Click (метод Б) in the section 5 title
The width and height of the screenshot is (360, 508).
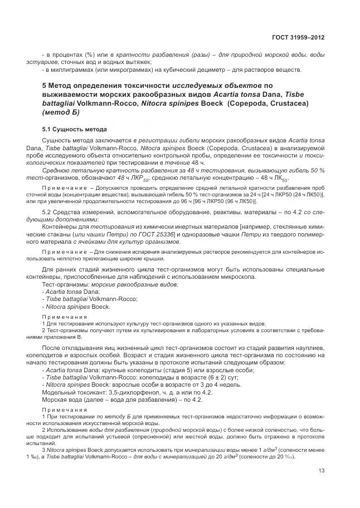61,112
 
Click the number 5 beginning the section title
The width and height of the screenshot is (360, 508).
45,86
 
